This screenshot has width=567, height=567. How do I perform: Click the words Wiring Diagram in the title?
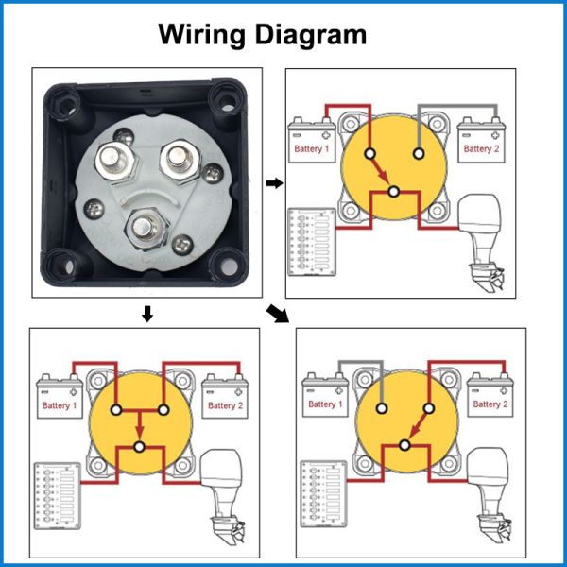tap(262, 35)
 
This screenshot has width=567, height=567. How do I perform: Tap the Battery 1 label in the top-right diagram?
tap(312, 149)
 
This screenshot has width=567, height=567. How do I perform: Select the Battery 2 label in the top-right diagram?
tap(480, 149)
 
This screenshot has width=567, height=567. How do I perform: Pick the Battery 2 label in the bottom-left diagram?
tap(226, 406)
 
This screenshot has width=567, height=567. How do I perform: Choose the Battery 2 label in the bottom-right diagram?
tap(489, 404)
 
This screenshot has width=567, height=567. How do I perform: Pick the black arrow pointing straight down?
tap(146, 313)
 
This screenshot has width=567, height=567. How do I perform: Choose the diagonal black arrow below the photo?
tap(278, 313)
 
